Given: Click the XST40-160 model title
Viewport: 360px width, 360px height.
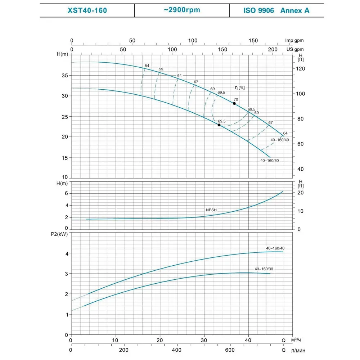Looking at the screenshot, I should click(87, 10).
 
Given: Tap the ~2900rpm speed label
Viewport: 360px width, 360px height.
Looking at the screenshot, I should click(182, 10).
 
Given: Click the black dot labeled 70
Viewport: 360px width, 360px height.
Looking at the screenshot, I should click(234, 103).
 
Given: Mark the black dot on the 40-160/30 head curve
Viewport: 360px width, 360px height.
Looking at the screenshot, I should click(219, 125).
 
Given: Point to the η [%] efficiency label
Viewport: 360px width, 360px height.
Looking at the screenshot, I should click(240, 87).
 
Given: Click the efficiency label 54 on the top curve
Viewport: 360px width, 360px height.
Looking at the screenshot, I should click(147, 66).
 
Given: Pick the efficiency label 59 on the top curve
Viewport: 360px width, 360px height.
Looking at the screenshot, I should click(161, 69).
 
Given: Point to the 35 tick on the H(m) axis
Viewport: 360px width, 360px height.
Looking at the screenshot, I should click(64, 76).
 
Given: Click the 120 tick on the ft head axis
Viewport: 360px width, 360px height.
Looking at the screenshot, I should click(301, 68).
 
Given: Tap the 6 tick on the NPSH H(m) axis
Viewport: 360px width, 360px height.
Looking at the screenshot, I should click(66, 193).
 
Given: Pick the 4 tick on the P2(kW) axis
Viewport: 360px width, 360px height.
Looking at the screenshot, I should click(66, 253).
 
